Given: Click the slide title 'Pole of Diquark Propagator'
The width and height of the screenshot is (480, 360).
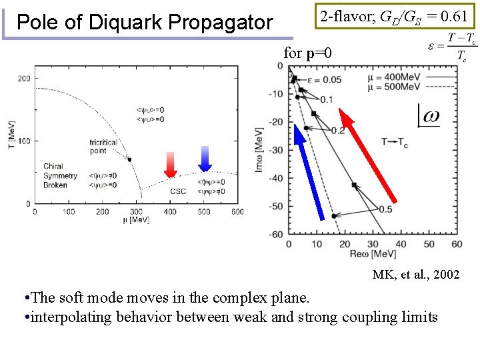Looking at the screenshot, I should coord(145,23).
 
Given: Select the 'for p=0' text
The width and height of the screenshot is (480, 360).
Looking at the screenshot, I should coord(307,53).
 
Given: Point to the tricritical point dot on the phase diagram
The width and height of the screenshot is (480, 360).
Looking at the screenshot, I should coord(130,159).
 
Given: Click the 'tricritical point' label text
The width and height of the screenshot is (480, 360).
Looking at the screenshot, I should coord(103,147).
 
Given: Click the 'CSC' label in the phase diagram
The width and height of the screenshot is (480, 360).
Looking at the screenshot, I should coord(178,191).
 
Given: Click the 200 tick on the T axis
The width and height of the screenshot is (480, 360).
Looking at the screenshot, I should coord(25,79).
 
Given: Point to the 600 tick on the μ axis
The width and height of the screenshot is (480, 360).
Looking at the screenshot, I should coord(237,212).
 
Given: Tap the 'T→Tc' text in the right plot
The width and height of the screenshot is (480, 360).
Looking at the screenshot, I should coord(395,141).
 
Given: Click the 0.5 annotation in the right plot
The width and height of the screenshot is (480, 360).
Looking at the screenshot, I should coord(385,209).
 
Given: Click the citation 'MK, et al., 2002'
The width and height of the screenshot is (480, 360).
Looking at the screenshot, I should coord(415,274).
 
